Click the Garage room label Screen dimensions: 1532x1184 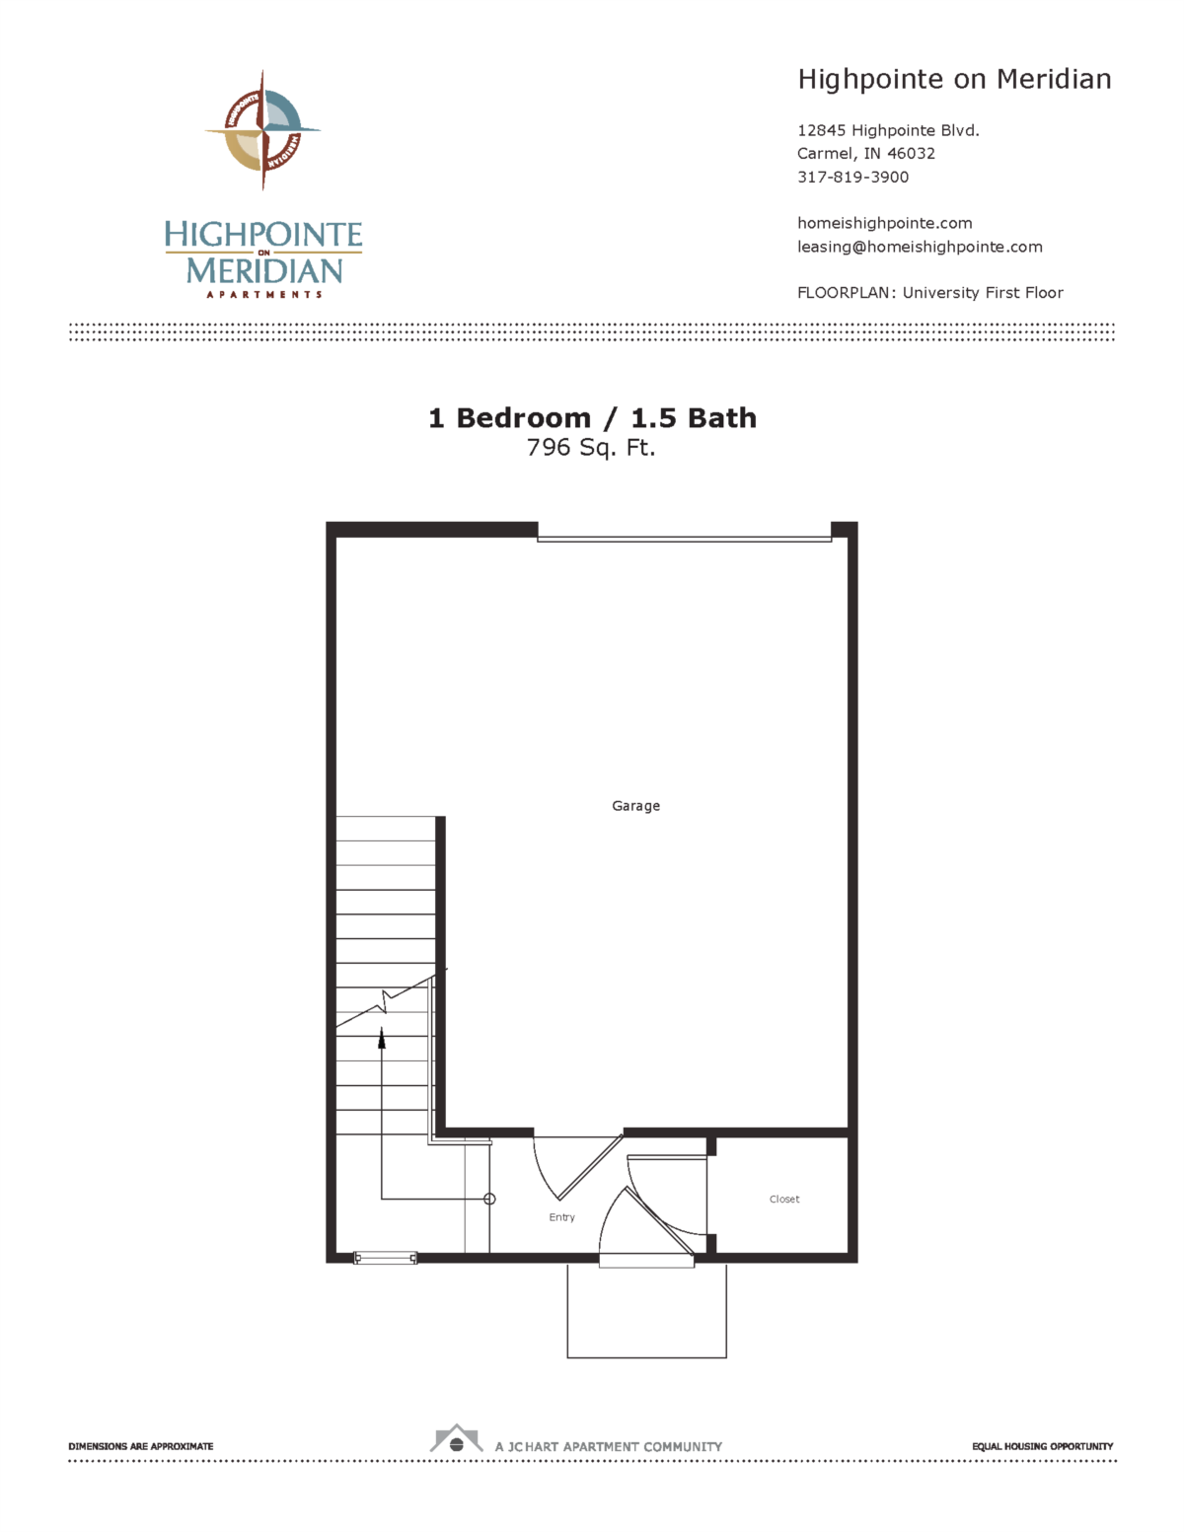point(635,806)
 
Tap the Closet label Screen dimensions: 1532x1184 point(784,1200)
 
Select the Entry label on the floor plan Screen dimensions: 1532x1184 point(561,1217)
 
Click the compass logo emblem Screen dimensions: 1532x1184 point(262,129)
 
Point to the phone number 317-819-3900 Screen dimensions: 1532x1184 point(852,178)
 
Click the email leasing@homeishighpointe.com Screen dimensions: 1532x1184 point(920,247)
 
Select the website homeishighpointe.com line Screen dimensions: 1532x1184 point(884,223)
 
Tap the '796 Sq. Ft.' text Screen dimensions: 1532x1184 point(591,448)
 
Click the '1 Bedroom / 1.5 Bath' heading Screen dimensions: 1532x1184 point(592,418)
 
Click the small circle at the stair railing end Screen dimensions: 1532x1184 point(489,1200)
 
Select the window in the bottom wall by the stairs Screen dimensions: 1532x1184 point(385,1258)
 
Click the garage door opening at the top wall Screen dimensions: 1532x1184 point(684,539)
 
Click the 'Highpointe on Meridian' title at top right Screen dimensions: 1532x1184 point(954,79)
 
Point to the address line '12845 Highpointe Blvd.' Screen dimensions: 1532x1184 point(888,130)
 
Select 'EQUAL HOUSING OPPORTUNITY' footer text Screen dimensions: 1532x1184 point(1042,1446)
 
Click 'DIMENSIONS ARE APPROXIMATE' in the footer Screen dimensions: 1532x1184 point(140,1446)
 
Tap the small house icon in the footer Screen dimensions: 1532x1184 point(456,1439)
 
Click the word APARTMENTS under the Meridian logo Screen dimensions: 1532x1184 point(263,294)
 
